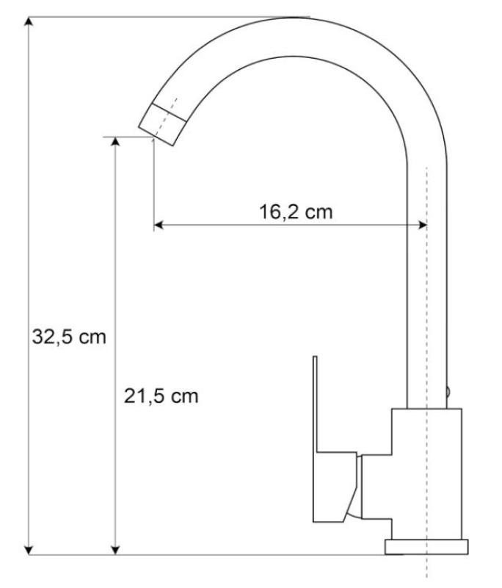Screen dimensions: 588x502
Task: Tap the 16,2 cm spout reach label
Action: point(294,212)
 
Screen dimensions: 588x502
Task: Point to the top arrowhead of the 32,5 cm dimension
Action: point(29,21)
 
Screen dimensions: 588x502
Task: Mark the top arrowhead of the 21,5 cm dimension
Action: point(114,142)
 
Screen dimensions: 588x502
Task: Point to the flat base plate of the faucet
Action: point(426,547)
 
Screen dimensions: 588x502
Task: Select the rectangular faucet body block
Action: point(426,473)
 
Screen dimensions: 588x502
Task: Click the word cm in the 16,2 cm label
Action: point(318,212)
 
